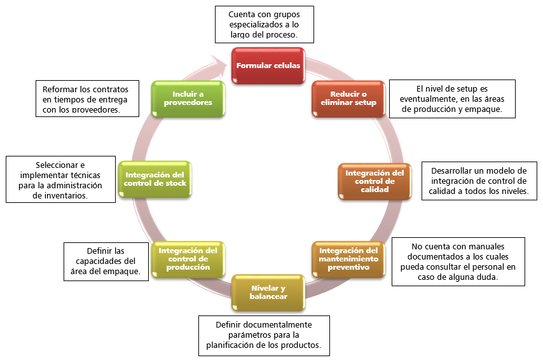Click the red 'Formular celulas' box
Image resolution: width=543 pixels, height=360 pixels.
coord(268,66)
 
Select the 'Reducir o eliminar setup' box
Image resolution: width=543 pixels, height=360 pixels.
coord(348,99)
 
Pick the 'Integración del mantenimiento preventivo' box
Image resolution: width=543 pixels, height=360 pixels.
coord(348,259)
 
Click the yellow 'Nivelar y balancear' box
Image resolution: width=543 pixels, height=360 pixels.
coord(268,293)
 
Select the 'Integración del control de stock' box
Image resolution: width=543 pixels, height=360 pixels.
coord(156,179)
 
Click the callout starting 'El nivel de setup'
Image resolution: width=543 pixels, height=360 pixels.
coord(451,99)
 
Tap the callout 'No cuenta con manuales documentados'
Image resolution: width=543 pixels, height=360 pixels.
coord(458,261)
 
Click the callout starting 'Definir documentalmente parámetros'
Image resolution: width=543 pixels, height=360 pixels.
coord(263,335)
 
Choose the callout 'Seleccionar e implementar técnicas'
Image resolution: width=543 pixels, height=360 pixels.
coord(60,180)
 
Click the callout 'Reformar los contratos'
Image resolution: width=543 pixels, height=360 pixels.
coord(86,99)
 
